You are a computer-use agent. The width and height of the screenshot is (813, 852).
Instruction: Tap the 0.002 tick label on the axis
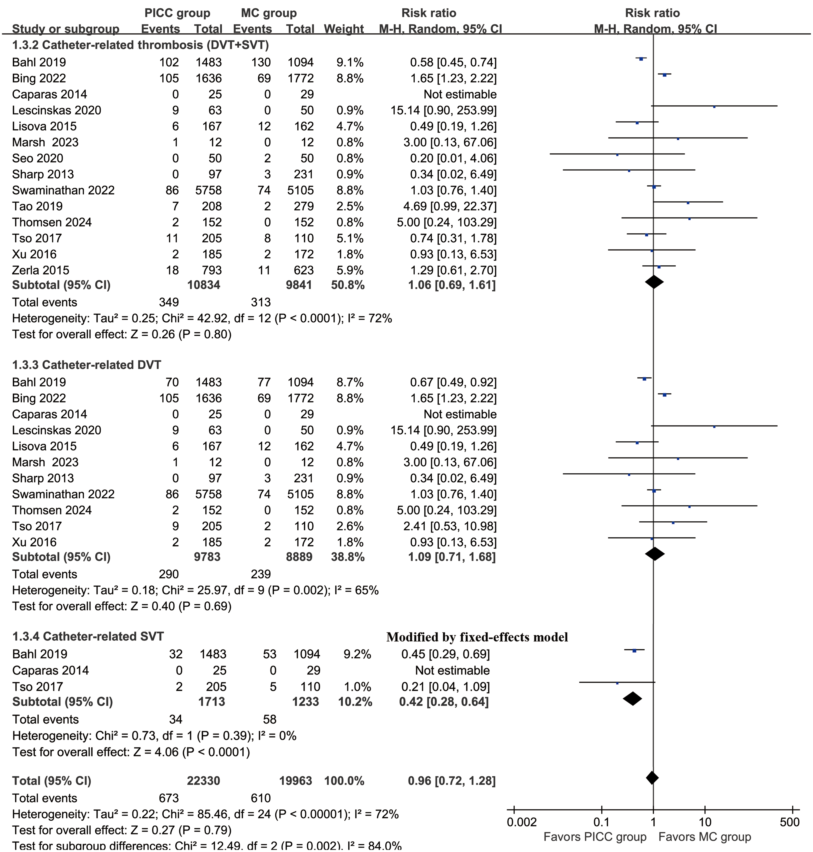tap(522, 822)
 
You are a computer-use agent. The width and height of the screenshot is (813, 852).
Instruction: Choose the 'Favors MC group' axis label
tap(705, 837)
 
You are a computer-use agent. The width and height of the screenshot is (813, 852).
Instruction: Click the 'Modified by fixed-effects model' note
tap(477, 637)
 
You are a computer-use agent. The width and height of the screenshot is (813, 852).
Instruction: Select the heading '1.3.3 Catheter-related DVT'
tap(86, 365)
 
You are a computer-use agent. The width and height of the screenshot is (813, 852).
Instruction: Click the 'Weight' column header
tap(344, 29)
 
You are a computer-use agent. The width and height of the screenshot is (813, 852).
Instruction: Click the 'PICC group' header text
tap(177, 13)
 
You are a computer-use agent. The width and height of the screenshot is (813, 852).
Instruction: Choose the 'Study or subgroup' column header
tap(65, 29)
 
